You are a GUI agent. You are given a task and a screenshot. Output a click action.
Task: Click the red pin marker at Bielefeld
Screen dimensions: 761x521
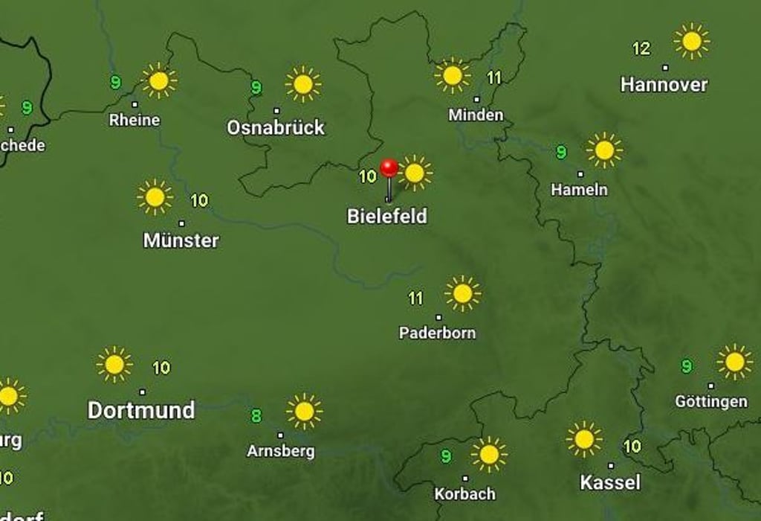(389, 168)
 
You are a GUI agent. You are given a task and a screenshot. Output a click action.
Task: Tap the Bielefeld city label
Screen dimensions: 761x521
(387, 217)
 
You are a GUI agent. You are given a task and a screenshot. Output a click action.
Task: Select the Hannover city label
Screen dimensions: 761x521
(664, 85)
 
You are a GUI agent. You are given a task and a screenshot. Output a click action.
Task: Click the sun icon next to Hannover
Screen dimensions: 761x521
(692, 41)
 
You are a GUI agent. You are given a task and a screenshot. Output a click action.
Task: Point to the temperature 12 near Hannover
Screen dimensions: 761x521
(641, 49)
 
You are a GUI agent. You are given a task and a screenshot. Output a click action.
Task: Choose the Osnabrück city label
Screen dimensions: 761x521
(276, 127)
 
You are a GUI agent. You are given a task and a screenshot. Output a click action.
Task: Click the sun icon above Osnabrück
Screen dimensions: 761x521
(303, 84)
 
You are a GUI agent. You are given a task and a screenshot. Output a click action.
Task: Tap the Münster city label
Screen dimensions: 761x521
(181, 240)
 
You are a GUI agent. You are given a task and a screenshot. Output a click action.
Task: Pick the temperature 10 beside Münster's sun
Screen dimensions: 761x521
(199, 200)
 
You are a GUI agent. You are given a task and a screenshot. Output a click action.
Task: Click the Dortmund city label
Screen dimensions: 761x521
(141, 410)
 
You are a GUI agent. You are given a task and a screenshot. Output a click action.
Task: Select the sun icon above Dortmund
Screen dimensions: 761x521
(114, 365)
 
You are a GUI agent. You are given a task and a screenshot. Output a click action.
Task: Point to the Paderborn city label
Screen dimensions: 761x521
(437, 333)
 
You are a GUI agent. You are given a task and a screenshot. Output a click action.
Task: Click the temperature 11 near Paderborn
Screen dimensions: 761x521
(415, 298)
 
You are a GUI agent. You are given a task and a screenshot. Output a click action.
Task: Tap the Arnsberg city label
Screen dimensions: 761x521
(280, 451)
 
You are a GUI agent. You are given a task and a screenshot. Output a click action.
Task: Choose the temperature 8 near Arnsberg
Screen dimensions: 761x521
(256, 416)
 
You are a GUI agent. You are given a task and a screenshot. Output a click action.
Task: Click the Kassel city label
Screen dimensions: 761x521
(610, 482)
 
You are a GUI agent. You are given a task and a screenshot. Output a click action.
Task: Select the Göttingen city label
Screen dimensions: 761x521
(710, 402)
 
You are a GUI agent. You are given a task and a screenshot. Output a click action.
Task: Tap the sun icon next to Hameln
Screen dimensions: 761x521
(604, 150)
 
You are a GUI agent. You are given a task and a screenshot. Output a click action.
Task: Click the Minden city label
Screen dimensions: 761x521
(476, 115)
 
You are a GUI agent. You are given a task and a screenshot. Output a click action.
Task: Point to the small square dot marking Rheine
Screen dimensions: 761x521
(135, 104)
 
